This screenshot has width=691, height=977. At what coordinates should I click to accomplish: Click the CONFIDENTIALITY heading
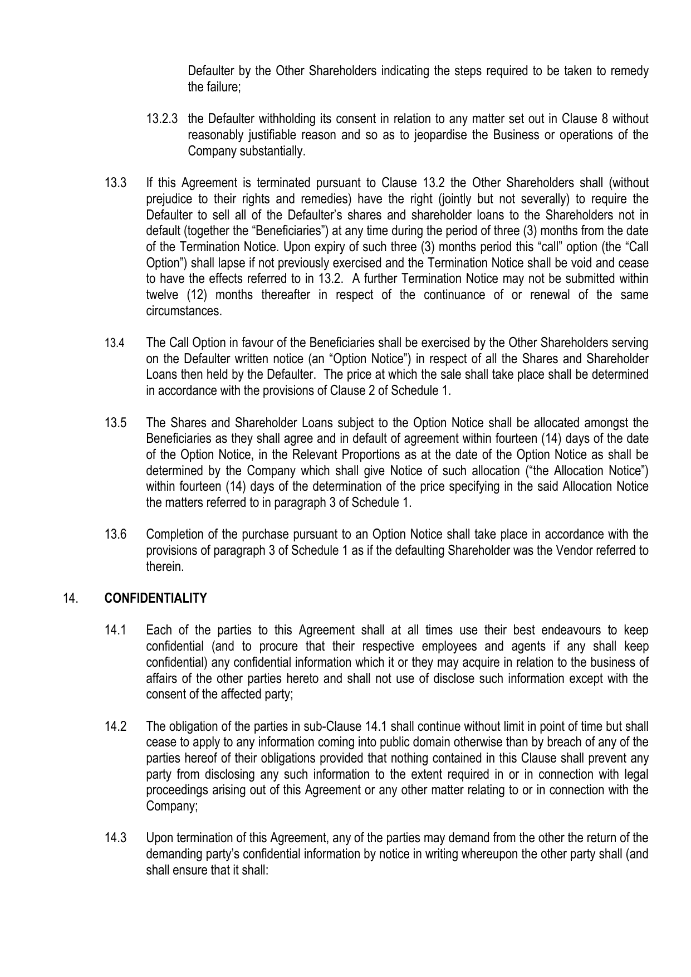[155, 599]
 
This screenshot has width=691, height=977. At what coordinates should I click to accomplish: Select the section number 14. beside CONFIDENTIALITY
[70, 599]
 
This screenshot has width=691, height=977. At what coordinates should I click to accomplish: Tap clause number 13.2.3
[162, 119]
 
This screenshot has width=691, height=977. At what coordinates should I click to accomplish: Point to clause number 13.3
[116, 183]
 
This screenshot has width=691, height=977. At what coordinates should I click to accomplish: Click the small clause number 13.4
[115, 344]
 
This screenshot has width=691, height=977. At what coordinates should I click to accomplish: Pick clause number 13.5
[116, 423]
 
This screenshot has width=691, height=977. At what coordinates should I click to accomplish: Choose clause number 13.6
[116, 535]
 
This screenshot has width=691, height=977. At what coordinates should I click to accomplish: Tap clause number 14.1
[116, 631]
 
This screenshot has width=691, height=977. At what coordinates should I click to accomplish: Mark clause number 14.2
[116, 727]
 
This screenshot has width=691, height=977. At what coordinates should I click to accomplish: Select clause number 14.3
[116, 839]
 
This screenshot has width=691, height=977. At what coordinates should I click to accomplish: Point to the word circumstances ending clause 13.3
[183, 311]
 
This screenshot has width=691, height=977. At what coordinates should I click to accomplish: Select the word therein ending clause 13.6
[164, 567]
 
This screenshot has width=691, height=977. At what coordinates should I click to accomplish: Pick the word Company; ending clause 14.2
[171, 807]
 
